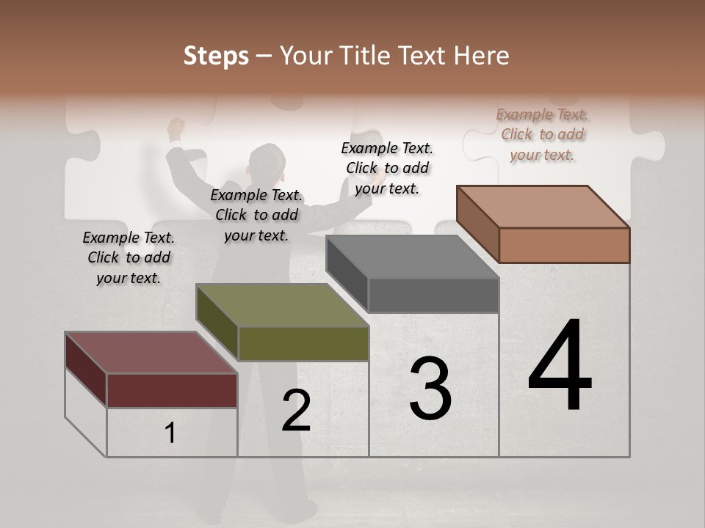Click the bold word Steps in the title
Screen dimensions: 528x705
216,56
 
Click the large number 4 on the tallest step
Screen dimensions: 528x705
560,367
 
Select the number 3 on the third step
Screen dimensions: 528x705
430,389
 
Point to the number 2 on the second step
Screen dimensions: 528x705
297,411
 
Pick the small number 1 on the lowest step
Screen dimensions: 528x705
170,433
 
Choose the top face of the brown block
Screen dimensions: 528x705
543,206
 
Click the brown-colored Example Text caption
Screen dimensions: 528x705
542,134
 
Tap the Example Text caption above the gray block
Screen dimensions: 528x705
387,168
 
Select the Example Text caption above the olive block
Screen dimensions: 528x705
256,215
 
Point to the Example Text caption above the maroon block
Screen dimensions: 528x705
129,257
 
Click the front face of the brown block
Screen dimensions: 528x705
564,245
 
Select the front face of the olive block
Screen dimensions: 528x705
303,343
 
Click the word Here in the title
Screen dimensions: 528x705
481,56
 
